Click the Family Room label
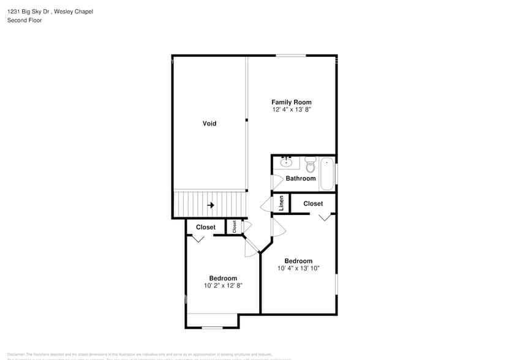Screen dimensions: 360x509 click(x=292, y=102)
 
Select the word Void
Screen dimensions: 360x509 click(x=209, y=124)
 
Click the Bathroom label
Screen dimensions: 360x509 click(x=301, y=178)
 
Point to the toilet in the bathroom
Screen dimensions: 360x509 click(x=310, y=164)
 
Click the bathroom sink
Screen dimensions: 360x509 click(x=286, y=162)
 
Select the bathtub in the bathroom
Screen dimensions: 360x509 click(x=327, y=174)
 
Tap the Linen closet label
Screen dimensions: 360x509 click(x=281, y=203)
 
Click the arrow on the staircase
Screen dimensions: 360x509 click(x=210, y=205)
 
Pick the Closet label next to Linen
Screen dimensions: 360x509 click(x=313, y=203)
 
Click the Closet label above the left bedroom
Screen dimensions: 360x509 click(x=206, y=227)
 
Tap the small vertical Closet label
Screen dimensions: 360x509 click(x=234, y=227)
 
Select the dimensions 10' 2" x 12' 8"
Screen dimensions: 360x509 click(x=223, y=285)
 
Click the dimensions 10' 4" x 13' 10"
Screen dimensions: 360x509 click(x=298, y=268)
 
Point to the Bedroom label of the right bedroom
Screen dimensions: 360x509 click(x=298, y=261)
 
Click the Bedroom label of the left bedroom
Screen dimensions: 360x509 click(x=223, y=278)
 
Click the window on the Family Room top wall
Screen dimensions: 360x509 click(x=290, y=56)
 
